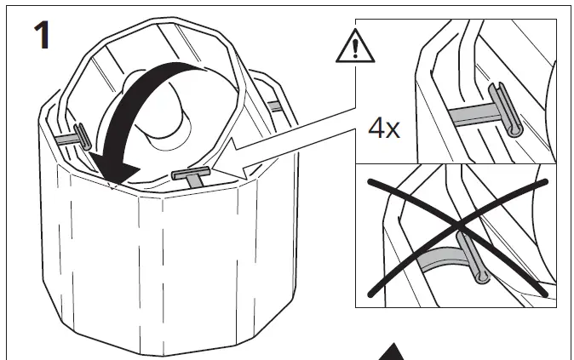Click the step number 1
tap(42, 35)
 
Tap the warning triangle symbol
tap(355, 47)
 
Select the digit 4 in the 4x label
tap(376, 128)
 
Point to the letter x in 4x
tap(393, 130)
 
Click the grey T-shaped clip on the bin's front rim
tap(192, 175)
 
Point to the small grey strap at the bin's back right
tap(274, 106)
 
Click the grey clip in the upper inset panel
tap(506, 110)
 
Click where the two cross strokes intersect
tap(458, 225)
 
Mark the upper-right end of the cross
tap(545, 181)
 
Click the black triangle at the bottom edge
tap(392, 352)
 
